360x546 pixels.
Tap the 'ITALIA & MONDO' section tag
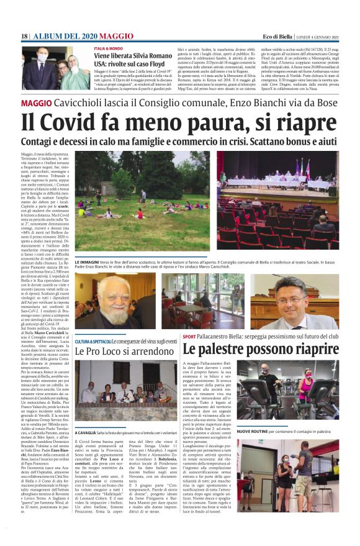pyautogui.click(x=108, y=48)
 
